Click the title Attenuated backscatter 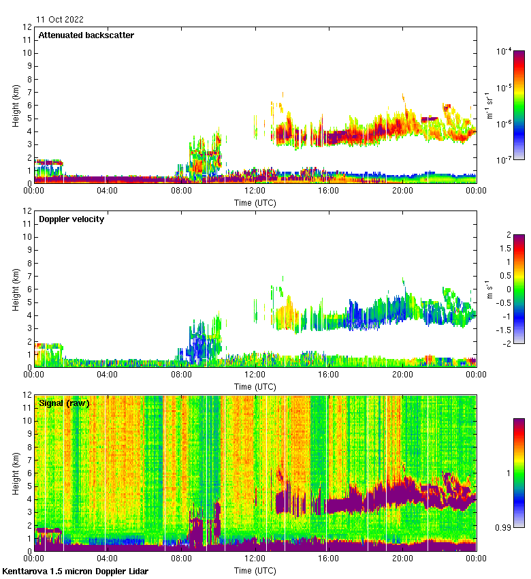86,35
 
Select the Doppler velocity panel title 71,219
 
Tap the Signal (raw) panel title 64,403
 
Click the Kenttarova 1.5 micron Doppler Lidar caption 75,571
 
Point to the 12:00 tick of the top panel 255,191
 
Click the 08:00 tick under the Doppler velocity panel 182,375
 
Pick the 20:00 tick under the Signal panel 402,559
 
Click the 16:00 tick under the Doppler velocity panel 329,375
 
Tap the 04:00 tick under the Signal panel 108,559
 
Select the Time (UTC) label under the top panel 255,202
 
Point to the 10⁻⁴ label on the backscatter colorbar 504,51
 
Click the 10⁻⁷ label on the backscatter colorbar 504,160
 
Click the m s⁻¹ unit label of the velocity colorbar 488,289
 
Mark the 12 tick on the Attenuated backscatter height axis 27,27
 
